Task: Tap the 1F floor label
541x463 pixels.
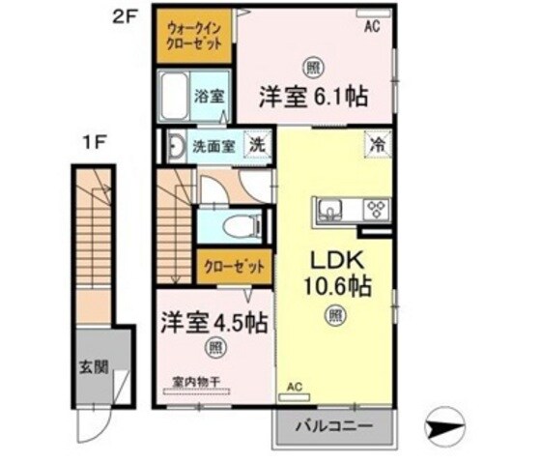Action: point(93,144)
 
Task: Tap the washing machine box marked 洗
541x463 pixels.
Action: point(258,145)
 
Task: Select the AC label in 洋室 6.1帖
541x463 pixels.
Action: point(371,28)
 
